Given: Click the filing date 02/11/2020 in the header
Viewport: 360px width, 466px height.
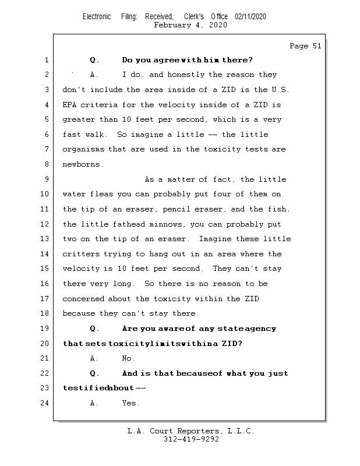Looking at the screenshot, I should point(250,17).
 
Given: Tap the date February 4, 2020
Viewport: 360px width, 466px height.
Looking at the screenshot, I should point(190,26).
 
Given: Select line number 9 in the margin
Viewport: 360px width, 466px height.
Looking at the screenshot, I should point(46,179).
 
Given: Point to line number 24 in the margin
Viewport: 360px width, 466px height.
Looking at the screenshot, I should point(44,403).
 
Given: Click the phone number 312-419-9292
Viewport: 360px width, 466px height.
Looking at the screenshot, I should point(191,440).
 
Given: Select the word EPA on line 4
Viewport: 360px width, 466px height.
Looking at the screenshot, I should point(70,105).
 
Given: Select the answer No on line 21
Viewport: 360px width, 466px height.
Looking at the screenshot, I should point(128,358).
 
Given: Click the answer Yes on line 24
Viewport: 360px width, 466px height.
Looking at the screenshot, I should point(130,403).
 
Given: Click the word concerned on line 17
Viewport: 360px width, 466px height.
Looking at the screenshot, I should point(83,299).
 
